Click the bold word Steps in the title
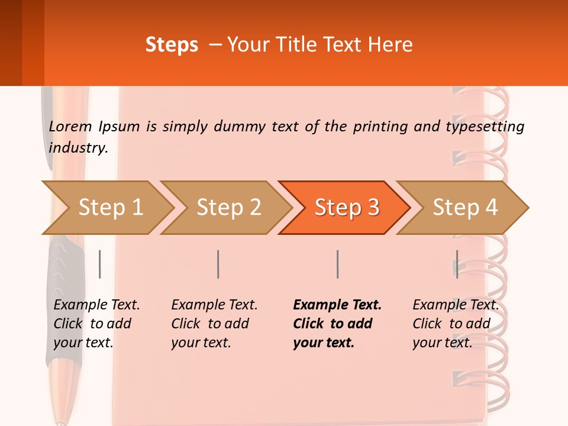pyautogui.click(x=172, y=45)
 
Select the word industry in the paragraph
pyautogui.click(x=78, y=148)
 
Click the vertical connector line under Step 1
pyautogui.click(x=100, y=264)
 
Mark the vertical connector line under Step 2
pyautogui.click(x=218, y=264)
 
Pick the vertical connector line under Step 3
pyautogui.click(x=337, y=264)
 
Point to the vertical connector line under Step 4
pyautogui.click(x=457, y=264)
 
